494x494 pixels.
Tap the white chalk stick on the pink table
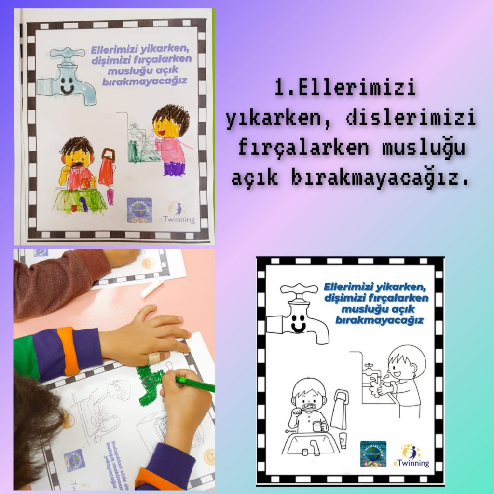(x=151, y=288)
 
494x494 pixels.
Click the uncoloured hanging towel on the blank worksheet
(x=339, y=410)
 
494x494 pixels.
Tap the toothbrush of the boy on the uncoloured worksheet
(x=307, y=409)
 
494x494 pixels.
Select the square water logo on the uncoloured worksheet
(x=373, y=454)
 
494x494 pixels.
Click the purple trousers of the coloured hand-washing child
(x=174, y=168)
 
